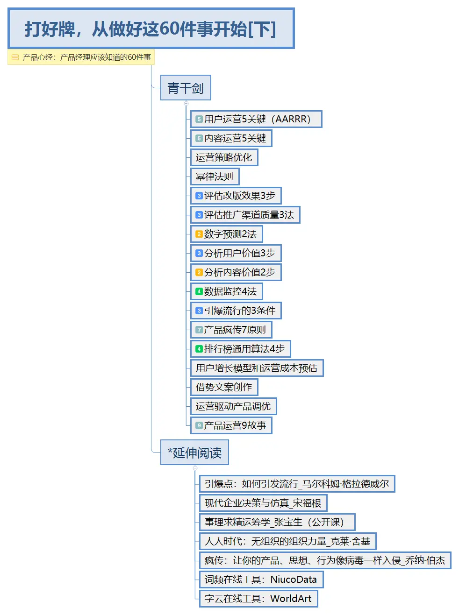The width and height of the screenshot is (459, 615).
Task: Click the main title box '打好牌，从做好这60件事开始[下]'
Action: [x=151, y=28]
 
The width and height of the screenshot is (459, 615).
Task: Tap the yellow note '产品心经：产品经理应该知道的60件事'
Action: [x=81, y=57]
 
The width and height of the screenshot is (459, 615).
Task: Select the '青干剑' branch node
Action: [x=186, y=88]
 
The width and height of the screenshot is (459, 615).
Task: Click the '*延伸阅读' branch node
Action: [x=194, y=452]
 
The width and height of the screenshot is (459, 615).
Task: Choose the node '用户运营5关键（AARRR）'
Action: [x=256, y=119]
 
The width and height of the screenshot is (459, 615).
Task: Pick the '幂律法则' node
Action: [x=215, y=177]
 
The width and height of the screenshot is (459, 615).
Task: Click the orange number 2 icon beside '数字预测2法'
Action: [x=199, y=234]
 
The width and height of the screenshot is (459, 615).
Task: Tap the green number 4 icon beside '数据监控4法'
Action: [x=199, y=291]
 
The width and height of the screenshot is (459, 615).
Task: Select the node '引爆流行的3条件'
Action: [x=236, y=311]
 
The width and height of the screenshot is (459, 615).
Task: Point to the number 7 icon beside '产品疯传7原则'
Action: [x=199, y=330]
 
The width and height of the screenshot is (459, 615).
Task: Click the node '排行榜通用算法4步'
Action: [x=240, y=349]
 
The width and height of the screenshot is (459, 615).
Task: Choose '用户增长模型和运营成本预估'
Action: [x=257, y=368]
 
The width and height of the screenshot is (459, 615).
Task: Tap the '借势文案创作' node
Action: [x=224, y=387]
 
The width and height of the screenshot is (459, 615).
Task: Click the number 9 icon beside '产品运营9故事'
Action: [x=199, y=425]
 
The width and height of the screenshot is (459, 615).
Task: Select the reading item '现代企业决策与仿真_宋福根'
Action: [x=263, y=503]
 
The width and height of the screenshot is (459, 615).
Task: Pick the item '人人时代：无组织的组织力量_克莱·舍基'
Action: [x=287, y=541]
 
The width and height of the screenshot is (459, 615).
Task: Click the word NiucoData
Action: [x=294, y=580]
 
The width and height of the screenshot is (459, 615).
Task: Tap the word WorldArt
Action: [x=291, y=599]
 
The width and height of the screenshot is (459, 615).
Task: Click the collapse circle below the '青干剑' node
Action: [x=186, y=103]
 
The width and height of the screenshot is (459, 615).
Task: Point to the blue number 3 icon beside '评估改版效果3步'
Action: [x=199, y=196]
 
